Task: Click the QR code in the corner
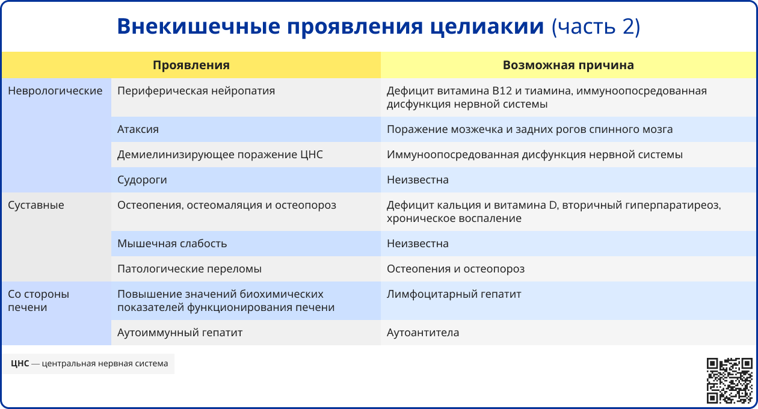click(x=729, y=380)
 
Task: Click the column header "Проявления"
click(x=191, y=65)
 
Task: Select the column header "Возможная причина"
click(x=568, y=65)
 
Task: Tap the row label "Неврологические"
click(x=55, y=91)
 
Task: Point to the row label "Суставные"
click(x=36, y=205)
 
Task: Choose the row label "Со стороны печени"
click(x=39, y=301)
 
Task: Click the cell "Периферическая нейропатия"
click(x=196, y=91)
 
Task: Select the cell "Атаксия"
click(x=138, y=129)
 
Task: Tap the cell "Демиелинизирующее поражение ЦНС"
click(x=220, y=155)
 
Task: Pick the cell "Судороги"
click(x=142, y=180)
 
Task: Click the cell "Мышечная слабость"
click(x=172, y=244)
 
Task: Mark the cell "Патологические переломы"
click(x=189, y=269)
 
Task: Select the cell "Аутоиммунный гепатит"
click(x=180, y=333)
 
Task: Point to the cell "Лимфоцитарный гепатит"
click(x=454, y=294)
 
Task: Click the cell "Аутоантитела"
click(x=423, y=333)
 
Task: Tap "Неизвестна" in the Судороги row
click(x=418, y=180)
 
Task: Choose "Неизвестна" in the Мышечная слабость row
click(x=418, y=244)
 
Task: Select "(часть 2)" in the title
click(x=596, y=26)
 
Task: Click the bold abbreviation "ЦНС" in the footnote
click(x=20, y=363)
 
